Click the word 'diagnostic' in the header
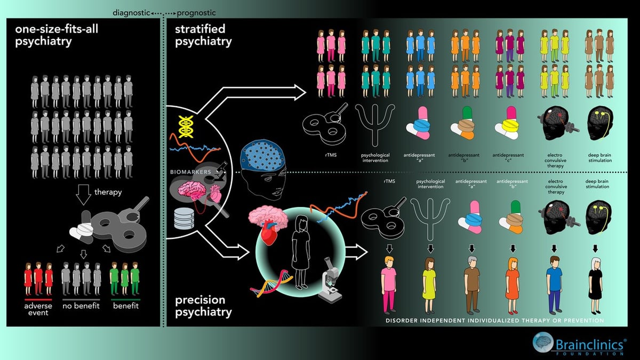129,12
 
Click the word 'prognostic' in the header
196,12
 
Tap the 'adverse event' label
37,309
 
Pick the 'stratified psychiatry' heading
201,35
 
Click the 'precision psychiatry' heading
204,306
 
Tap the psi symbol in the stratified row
374,125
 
